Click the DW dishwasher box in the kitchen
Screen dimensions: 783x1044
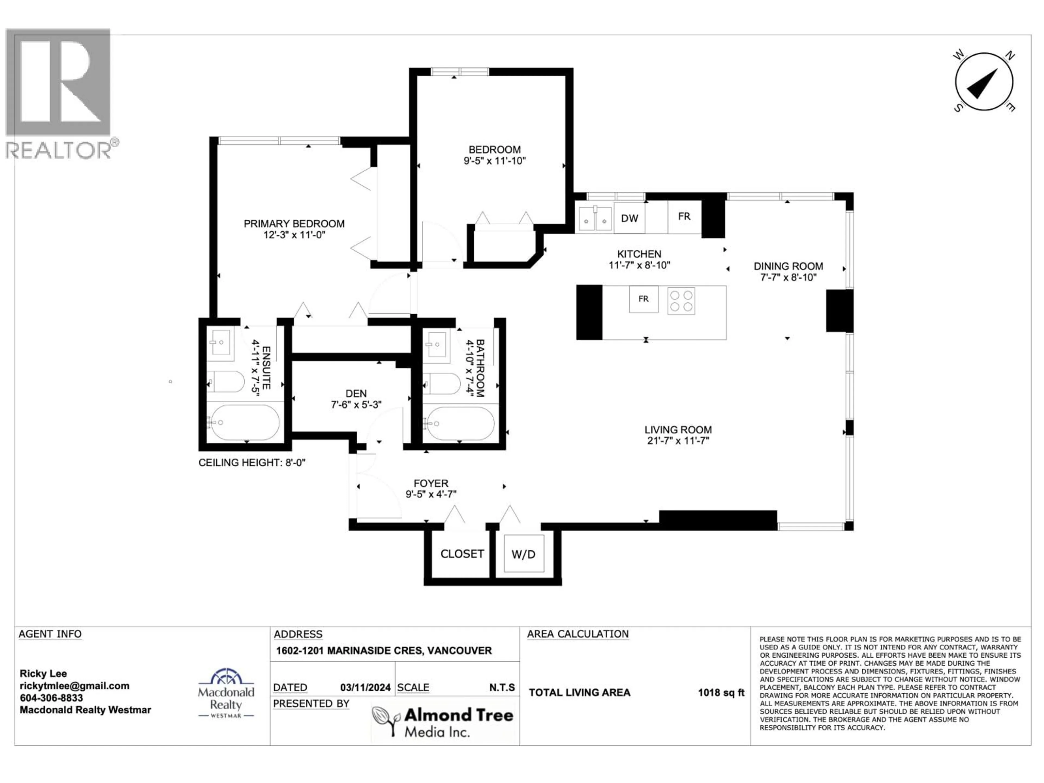click(x=629, y=218)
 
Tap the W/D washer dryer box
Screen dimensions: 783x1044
click(x=523, y=554)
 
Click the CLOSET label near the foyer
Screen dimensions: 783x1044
click(x=462, y=554)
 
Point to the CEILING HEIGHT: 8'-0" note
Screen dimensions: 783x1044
click(x=251, y=462)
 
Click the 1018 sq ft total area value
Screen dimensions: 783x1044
click(x=721, y=692)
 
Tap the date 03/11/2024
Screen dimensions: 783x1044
click(x=365, y=688)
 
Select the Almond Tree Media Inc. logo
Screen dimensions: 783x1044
click(x=442, y=721)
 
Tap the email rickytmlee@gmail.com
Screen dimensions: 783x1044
click(x=74, y=686)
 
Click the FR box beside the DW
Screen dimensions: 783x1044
click(x=684, y=217)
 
